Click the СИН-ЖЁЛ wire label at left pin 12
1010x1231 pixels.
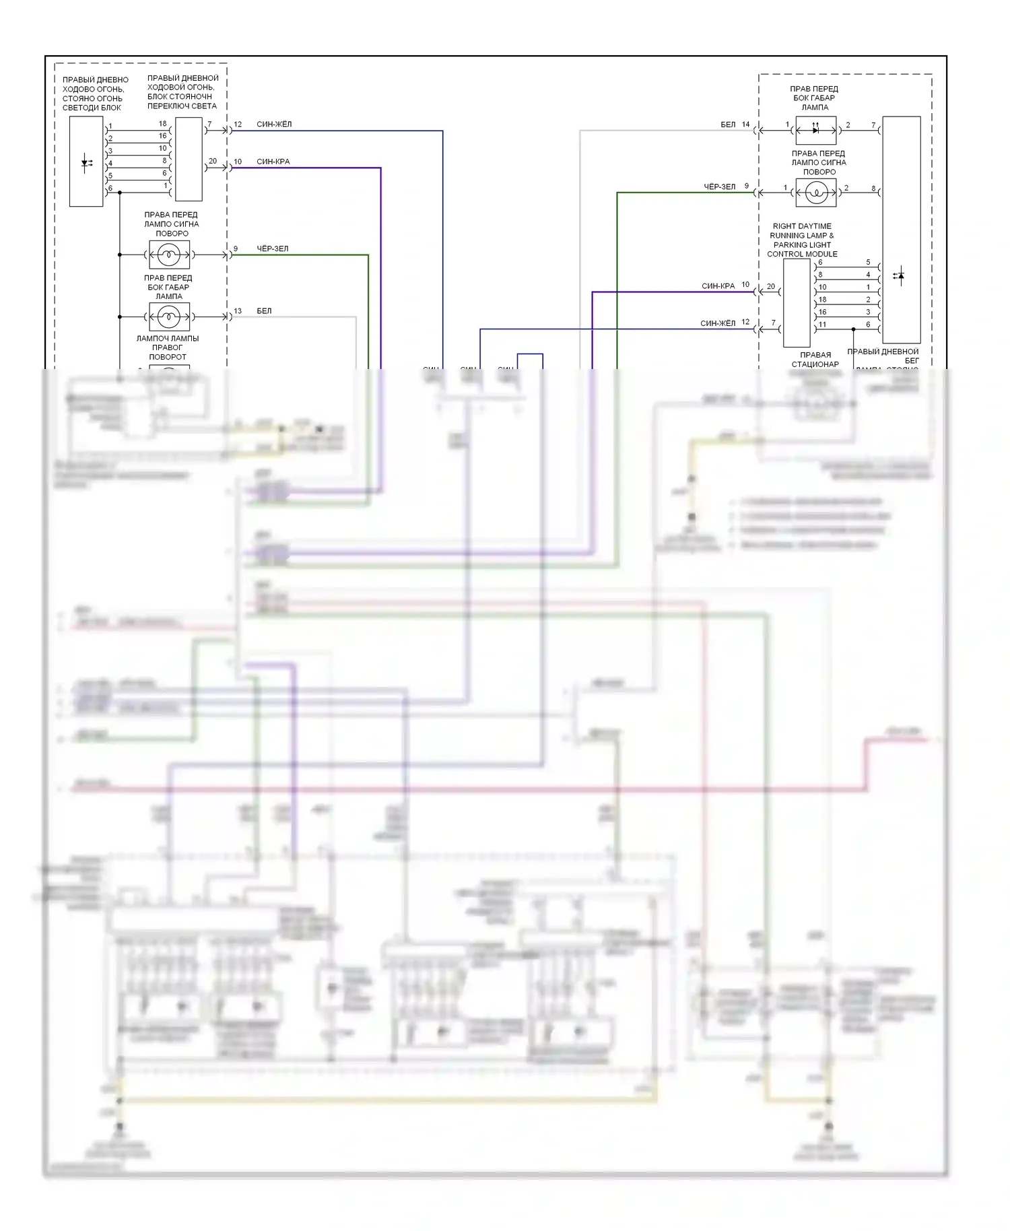pyautogui.click(x=274, y=125)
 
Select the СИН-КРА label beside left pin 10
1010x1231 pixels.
pyautogui.click(x=273, y=162)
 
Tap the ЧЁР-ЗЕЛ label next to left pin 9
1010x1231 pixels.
pyautogui.click(x=272, y=249)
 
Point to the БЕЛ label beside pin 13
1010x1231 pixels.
pyautogui.click(x=264, y=311)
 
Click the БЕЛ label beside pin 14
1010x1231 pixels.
pyautogui.click(x=728, y=125)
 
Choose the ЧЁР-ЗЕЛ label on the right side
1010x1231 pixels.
pyautogui.click(x=719, y=187)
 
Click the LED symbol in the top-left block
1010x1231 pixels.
pyautogui.click(x=86, y=162)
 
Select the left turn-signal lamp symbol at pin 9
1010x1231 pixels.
pyautogui.click(x=169, y=255)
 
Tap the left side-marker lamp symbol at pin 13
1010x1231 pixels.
pyautogui.click(x=169, y=317)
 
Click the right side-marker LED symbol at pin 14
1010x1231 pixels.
pyautogui.click(x=815, y=130)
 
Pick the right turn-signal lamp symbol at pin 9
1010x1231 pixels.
pyautogui.click(x=816, y=193)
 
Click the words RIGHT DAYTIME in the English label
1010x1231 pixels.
pyautogui.click(x=801, y=226)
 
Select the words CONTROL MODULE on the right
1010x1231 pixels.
pyautogui.click(x=802, y=255)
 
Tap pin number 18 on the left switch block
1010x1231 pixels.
pyautogui.click(x=162, y=124)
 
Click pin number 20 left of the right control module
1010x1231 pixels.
pyautogui.click(x=771, y=287)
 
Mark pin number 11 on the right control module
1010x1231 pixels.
pyautogui.click(x=822, y=325)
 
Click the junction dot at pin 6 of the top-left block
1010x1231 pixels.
pyautogui.click(x=120, y=193)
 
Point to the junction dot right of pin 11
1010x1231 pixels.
pyautogui.click(x=853, y=329)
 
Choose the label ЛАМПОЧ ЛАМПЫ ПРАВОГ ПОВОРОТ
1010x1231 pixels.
pyautogui.click(x=168, y=347)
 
